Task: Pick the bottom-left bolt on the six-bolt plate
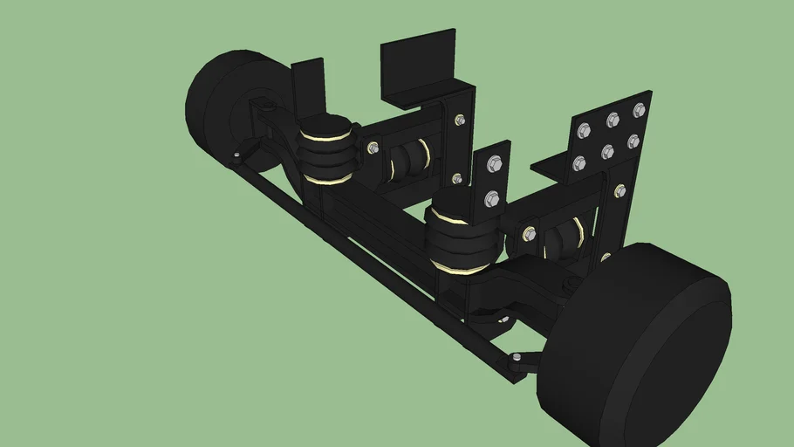coord(578,162)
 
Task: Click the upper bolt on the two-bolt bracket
coord(493,162)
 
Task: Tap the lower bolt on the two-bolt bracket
coord(491,199)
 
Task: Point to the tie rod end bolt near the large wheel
coord(517,357)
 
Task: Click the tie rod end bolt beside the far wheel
coord(236,157)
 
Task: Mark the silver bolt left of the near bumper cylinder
coord(529,233)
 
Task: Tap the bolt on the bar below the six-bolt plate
coord(619,190)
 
